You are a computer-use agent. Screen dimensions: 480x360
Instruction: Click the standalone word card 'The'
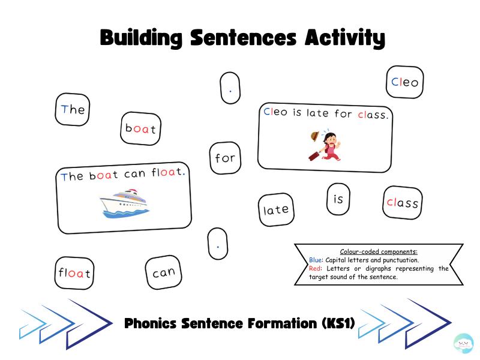(73, 110)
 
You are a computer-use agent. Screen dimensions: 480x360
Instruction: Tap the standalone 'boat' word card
(141, 128)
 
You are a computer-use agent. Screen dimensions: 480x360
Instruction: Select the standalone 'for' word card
(226, 158)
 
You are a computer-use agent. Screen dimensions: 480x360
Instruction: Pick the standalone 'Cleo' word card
(404, 82)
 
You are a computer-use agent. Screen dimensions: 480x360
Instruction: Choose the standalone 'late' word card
(276, 209)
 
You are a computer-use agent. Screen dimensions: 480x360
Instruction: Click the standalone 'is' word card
(338, 199)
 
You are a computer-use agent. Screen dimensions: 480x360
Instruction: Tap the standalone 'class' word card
(403, 203)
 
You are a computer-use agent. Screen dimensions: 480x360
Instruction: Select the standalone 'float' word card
(74, 273)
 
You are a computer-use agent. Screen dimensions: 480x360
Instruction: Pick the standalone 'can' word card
(163, 272)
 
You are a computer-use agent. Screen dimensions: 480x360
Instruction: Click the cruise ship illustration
(124, 203)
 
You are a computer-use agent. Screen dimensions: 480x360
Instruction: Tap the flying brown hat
(314, 137)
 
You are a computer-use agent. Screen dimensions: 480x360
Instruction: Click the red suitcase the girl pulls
(314, 156)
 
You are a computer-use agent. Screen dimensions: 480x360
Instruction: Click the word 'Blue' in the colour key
(315, 260)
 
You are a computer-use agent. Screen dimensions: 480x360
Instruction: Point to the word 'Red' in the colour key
(314, 268)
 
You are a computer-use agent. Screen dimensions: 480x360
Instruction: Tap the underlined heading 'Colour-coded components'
(379, 251)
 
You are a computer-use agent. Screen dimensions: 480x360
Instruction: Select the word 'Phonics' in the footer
(151, 323)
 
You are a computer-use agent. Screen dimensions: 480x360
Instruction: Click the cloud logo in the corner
(463, 343)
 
